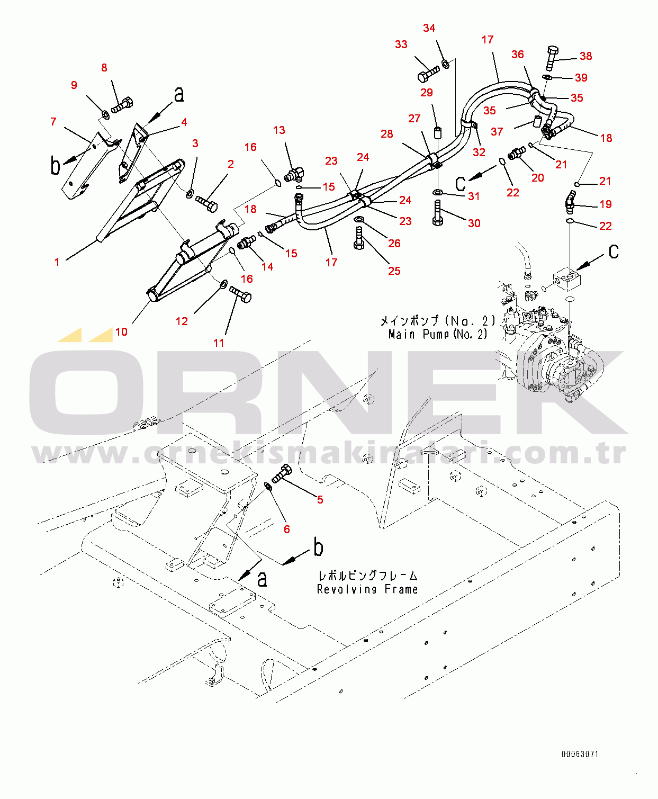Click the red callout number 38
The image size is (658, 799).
click(585, 56)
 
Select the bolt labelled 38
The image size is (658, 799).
click(552, 57)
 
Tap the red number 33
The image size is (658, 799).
click(401, 44)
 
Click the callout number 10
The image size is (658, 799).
click(121, 332)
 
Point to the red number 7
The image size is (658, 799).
click(53, 122)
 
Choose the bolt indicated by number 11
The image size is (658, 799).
click(240, 293)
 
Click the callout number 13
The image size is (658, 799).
click(279, 130)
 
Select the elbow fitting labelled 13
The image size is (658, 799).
click(294, 174)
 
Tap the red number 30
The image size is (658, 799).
click(474, 223)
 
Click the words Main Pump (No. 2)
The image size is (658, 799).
click(438, 334)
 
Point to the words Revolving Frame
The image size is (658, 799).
click(367, 589)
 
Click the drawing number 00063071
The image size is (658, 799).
click(580, 754)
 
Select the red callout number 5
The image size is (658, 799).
click(320, 500)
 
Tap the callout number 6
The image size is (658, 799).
click(286, 529)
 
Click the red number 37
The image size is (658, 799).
click(497, 131)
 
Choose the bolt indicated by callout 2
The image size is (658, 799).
click(206, 203)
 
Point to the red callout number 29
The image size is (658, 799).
click(427, 93)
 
